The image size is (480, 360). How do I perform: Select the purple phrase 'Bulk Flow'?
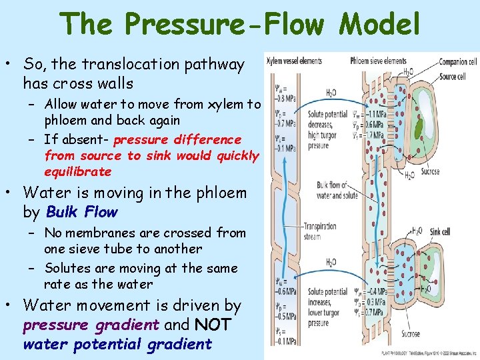click(x=82, y=212)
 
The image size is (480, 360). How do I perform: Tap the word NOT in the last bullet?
click(x=213, y=325)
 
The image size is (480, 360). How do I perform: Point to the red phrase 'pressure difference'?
click(x=177, y=139)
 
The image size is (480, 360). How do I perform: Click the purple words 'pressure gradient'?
click(x=91, y=325)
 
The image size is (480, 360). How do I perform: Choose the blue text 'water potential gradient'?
click(x=117, y=344)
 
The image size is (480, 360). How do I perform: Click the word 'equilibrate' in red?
click(x=78, y=171)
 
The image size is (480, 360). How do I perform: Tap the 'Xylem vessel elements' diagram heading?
click(x=294, y=61)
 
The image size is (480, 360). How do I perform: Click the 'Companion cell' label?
click(x=458, y=62)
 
